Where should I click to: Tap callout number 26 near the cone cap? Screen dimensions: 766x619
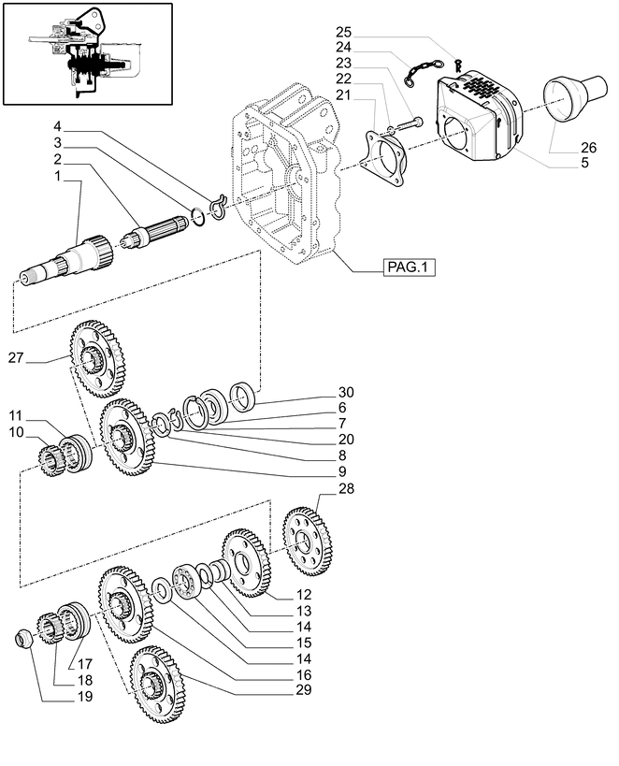[x=587, y=147]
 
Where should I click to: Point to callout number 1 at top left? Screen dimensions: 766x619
[x=57, y=176]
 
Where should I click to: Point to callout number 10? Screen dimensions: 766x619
[x=16, y=431]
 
